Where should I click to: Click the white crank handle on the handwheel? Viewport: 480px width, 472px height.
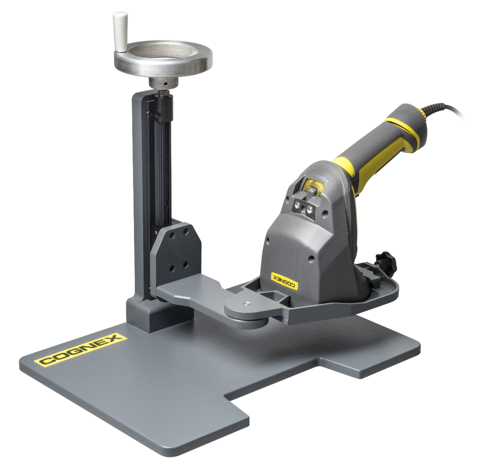[x=120, y=32]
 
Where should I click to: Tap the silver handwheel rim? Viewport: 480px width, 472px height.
[x=163, y=68]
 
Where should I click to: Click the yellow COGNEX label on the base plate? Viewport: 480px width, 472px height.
[x=80, y=349]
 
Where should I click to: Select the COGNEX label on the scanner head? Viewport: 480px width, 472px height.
[x=284, y=280]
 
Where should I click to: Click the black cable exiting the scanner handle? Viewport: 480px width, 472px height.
[x=444, y=109]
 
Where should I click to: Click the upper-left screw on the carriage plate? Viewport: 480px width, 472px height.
[x=172, y=235]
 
